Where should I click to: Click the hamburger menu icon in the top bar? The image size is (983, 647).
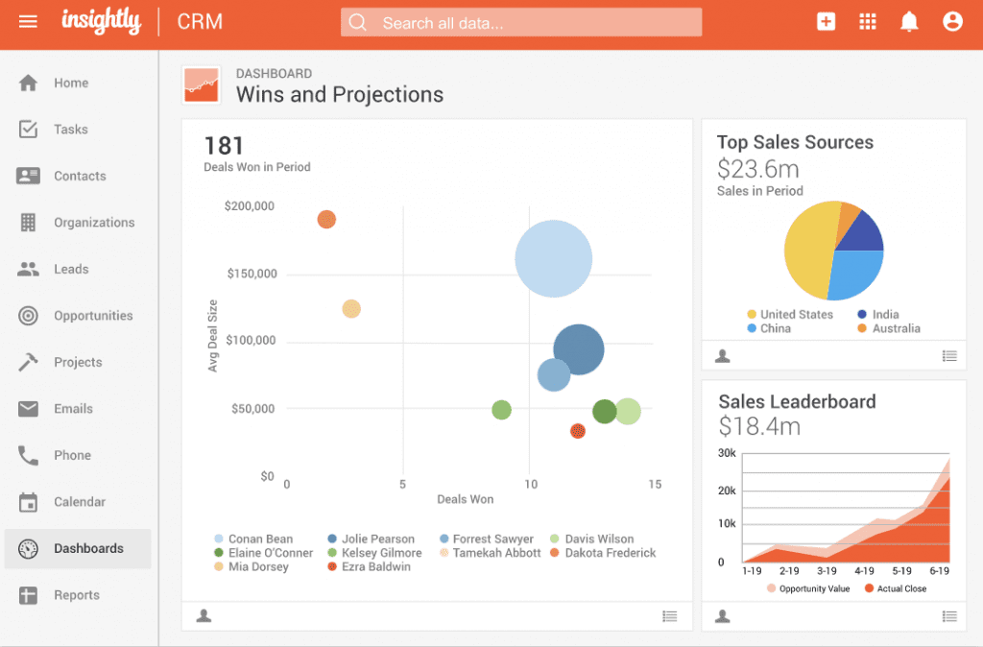click(28, 21)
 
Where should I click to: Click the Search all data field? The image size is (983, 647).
click(521, 22)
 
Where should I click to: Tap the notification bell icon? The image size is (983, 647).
click(909, 21)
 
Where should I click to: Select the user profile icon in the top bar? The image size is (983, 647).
click(952, 21)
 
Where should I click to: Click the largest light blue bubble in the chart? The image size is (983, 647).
click(553, 258)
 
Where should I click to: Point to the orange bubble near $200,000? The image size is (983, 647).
click(326, 220)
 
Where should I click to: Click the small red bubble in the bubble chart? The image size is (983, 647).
click(578, 431)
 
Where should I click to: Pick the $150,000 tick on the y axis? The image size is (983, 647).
click(252, 274)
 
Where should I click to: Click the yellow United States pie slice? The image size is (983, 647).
click(808, 252)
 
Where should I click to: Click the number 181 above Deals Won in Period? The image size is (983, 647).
click(224, 146)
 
